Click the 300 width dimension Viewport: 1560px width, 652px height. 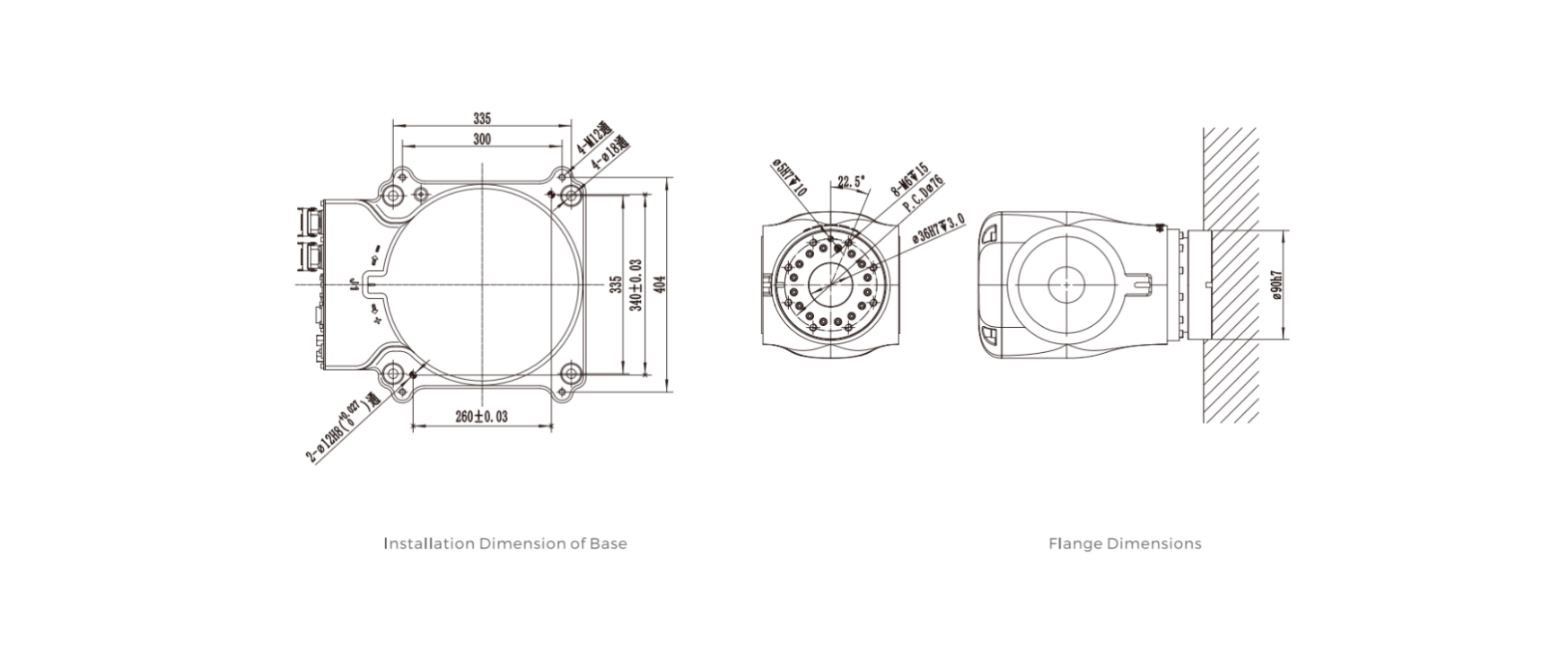[x=482, y=139]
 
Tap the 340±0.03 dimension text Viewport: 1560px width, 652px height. [x=636, y=285]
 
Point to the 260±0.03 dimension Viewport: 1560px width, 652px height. [x=481, y=417]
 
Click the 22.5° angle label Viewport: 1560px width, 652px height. [x=850, y=182]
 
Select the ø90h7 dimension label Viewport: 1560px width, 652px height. [x=1277, y=285]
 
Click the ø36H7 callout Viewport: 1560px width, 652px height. [x=939, y=228]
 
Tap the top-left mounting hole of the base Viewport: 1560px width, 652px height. [x=392, y=195]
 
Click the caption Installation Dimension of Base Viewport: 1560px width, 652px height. [x=504, y=543]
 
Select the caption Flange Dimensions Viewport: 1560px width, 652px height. [x=1124, y=543]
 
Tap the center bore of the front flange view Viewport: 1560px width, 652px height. [x=832, y=285]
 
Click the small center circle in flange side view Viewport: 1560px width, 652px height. [x=1065, y=285]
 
